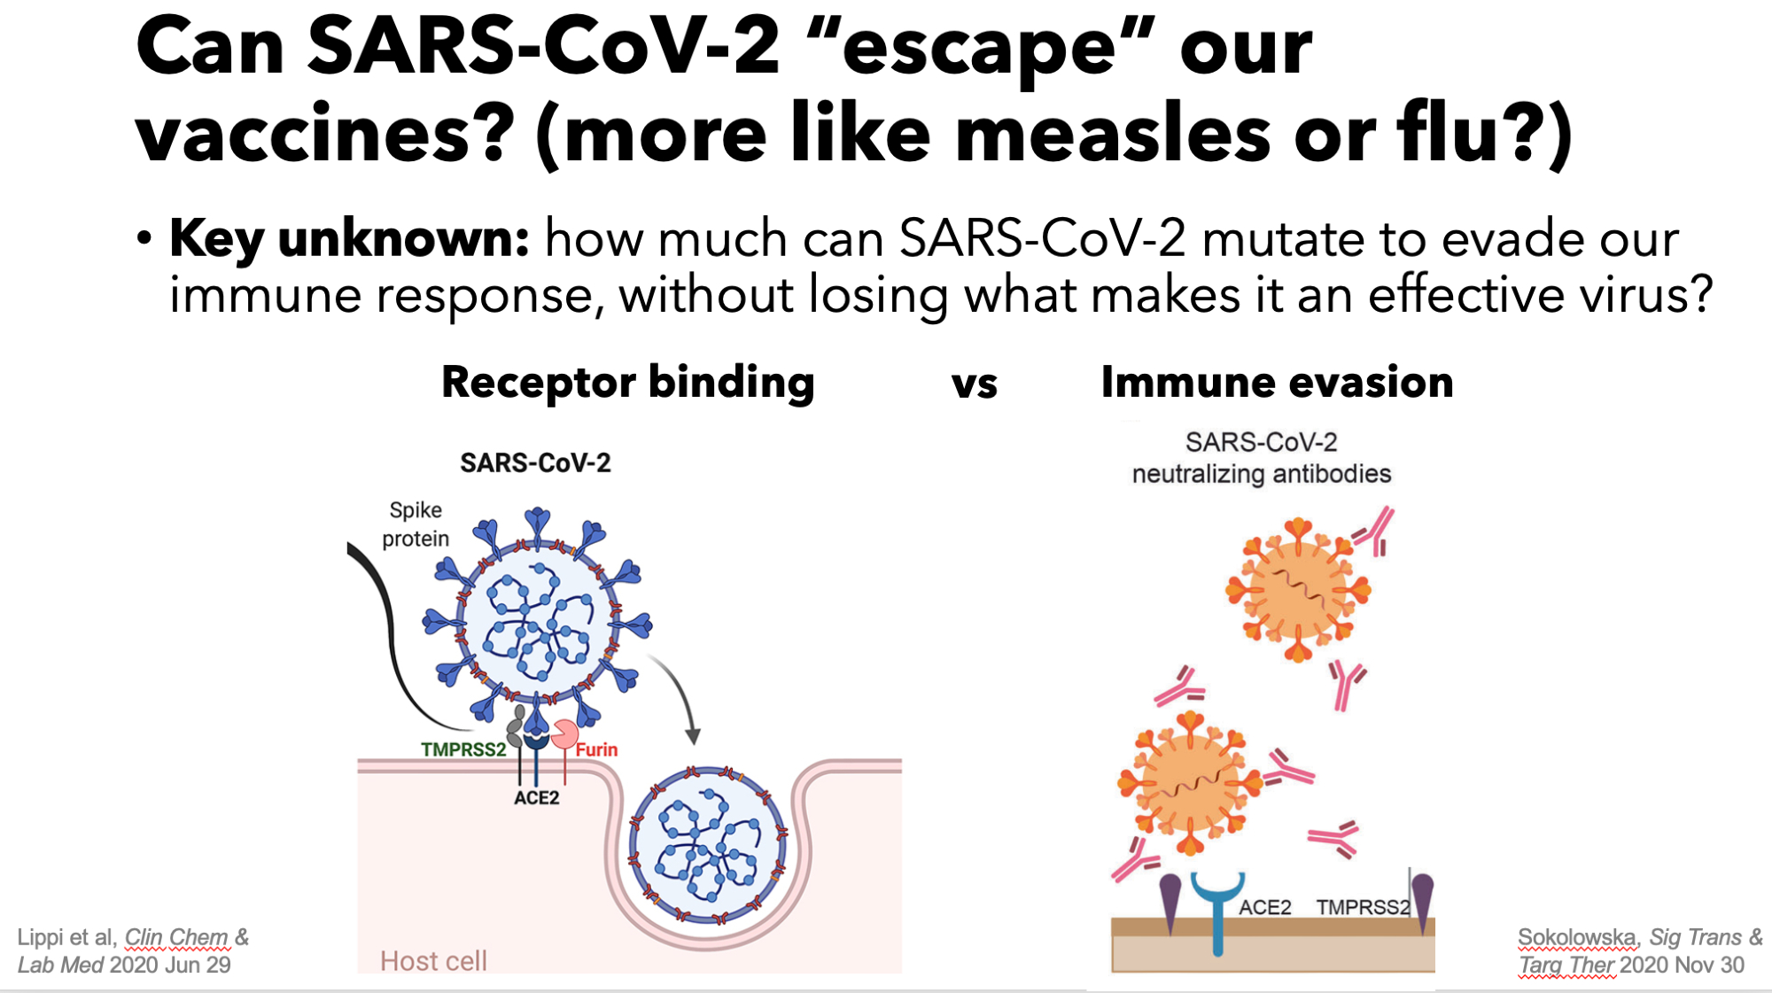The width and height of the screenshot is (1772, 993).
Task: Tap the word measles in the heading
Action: pyautogui.click(x=1114, y=133)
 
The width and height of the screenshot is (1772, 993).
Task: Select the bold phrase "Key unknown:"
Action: pyautogui.click(x=349, y=239)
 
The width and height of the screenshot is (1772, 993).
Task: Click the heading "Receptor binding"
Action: pyautogui.click(x=628, y=383)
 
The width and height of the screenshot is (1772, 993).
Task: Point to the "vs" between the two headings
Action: pyautogui.click(x=975, y=384)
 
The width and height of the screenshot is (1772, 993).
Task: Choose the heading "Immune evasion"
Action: pyautogui.click(x=1277, y=383)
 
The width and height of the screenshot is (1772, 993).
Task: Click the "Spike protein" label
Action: pyautogui.click(x=416, y=524)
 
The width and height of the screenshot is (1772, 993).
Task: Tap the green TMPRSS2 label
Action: pyautogui.click(x=463, y=749)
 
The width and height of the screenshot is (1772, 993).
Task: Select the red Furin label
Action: pyautogui.click(x=596, y=749)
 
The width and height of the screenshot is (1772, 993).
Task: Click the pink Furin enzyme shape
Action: pyautogui.click(x=564, y=733)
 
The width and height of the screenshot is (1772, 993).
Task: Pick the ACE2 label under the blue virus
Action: pyautogui.click(x=536, y=797)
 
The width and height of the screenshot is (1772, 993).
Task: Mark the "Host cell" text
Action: pyautogui.click(x=433, y=961)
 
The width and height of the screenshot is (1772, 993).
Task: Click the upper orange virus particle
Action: pyautogui.click(x=1298, y=590)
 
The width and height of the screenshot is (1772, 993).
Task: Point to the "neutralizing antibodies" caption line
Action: pyautogui.click(x=1262, y=474)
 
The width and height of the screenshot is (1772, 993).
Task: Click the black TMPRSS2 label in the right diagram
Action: pyautogui.click(x=1362, y=907)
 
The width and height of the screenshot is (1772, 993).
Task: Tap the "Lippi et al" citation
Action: pyautogui.click(x=66, y=937)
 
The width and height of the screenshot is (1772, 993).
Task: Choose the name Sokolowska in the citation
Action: pyautogui.click(x=1577, y=937)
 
